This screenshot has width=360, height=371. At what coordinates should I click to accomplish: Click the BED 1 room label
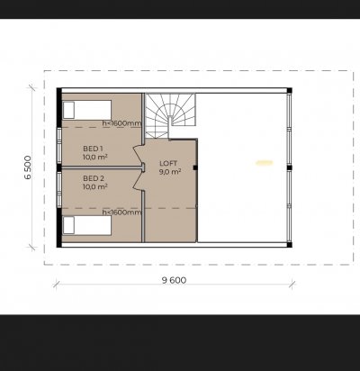93,149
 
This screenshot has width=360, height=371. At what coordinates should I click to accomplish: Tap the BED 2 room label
94,178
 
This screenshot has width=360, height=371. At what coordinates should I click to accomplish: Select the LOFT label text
168,164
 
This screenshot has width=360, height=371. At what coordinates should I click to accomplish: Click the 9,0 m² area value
170,171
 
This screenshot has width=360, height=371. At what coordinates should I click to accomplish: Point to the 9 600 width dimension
174,280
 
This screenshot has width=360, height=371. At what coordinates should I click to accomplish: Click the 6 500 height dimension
28,167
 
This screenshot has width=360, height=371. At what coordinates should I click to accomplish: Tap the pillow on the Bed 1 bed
68,110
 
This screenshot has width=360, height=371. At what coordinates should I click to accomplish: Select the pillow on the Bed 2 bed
68,225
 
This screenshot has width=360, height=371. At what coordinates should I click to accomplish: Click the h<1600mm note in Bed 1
121,123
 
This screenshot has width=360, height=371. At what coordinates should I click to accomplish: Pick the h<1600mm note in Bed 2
121,213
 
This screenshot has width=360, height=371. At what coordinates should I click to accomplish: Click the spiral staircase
170,116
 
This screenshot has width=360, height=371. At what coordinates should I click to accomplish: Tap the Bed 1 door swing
139,155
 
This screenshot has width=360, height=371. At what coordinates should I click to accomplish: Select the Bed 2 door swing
139,180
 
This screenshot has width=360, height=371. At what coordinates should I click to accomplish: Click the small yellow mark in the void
265,163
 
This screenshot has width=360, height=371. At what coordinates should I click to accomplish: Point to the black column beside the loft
195,167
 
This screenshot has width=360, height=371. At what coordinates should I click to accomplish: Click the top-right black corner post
289,90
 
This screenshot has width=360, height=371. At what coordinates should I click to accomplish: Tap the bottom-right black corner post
289,245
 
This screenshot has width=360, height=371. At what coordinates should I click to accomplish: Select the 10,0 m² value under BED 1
95,157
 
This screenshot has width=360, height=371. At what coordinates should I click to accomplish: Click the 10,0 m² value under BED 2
95,186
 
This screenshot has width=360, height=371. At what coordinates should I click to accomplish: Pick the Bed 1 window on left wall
59,146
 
